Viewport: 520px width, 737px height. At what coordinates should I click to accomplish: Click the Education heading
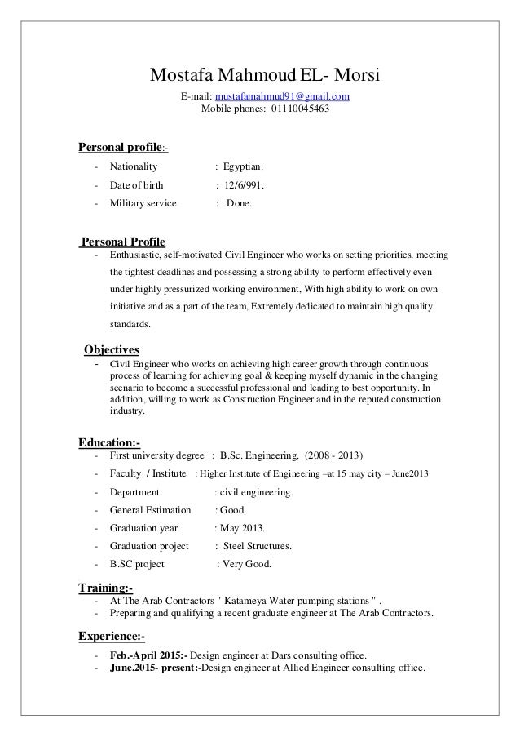point(108,442)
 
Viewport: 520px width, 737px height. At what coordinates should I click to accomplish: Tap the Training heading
point(105,588)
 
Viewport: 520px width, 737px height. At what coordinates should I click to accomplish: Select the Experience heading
point(112,636)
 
